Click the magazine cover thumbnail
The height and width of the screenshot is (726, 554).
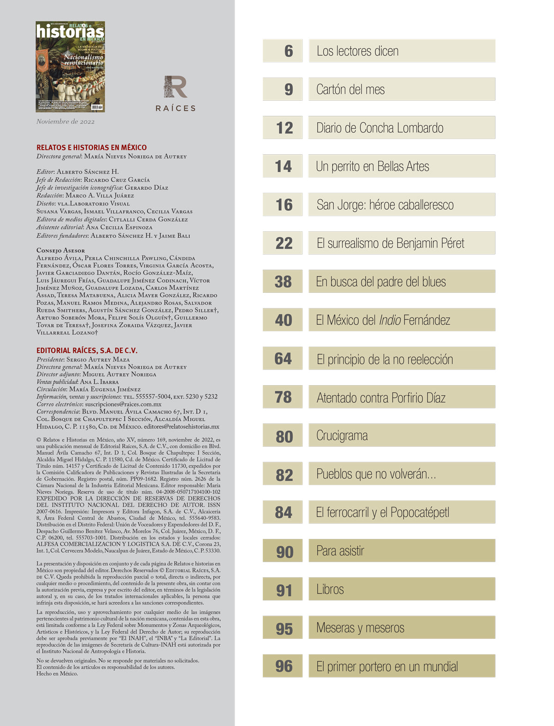point(70,67)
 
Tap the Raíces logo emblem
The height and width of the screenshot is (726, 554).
point(175,87)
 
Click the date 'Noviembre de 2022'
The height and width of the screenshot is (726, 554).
point(66,122)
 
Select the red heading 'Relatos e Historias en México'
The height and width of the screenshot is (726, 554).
point(91,147)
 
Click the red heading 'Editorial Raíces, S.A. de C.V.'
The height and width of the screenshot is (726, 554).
point(87,351)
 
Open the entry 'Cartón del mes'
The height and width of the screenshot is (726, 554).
point(350,90)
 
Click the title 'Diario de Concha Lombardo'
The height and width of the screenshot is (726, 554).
point(379,128)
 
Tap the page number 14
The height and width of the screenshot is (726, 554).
point(283,166)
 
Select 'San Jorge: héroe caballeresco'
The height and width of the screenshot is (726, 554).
point(385,205)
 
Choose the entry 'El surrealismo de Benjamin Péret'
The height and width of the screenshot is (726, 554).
point(390,243)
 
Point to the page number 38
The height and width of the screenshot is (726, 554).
point(283,282)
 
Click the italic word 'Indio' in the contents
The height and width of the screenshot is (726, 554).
point(390,320)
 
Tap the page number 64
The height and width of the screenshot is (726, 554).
point(283,359)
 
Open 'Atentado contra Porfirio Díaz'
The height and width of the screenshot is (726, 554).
point(381,398)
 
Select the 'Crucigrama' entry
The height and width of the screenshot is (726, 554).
point(342,436)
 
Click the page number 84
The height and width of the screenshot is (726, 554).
point(283,513)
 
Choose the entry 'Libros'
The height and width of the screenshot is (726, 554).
point(330,589)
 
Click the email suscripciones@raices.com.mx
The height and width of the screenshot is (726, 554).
point(123,404)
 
